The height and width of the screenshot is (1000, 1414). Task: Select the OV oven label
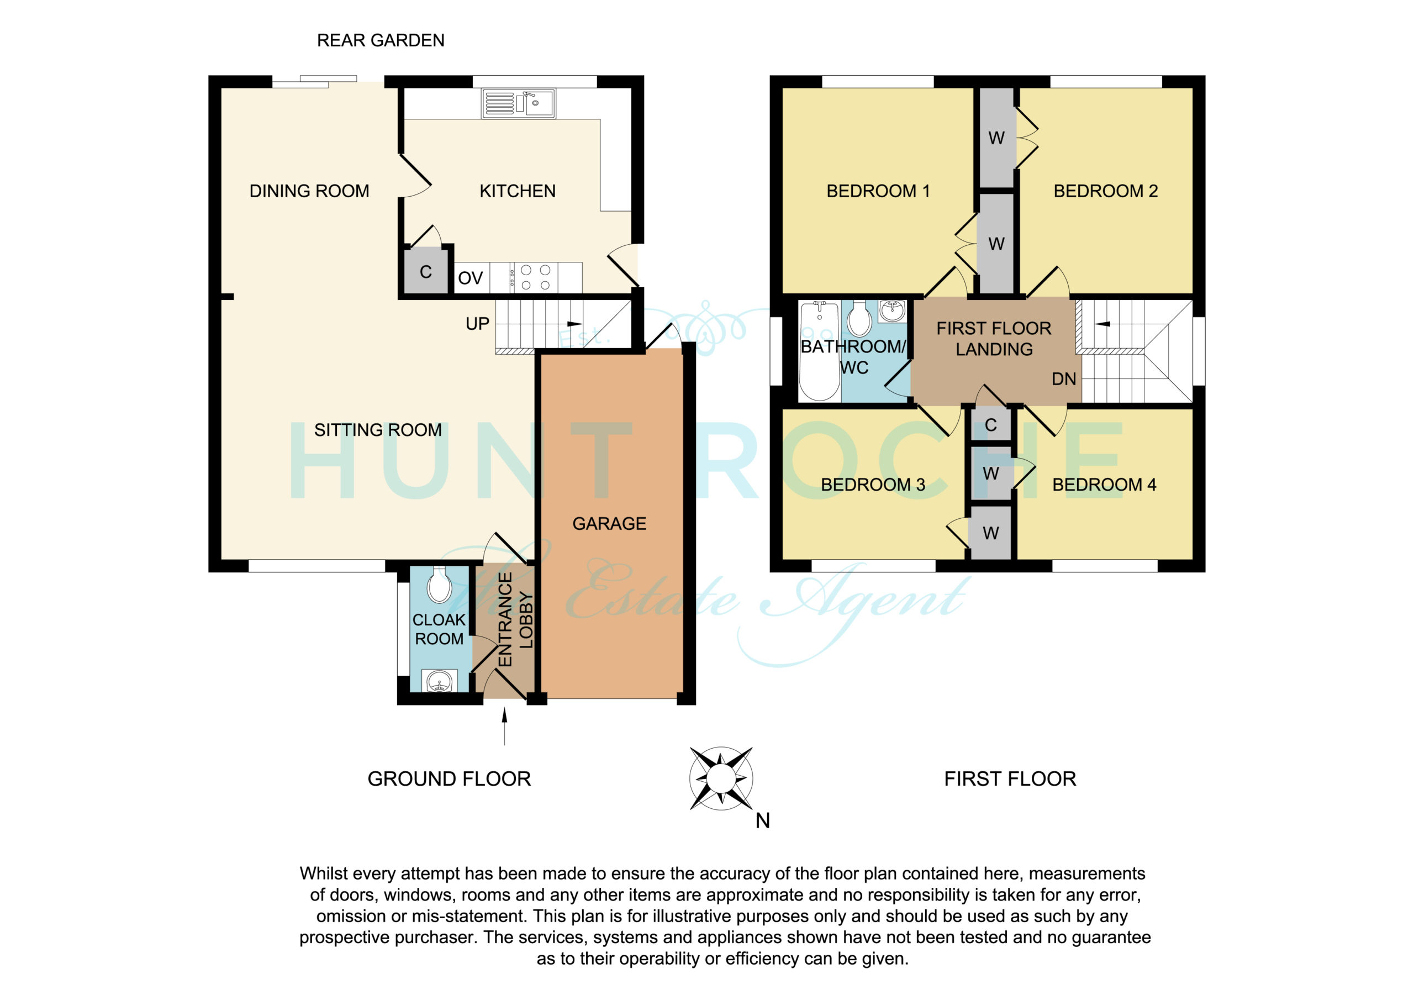click(470, 278)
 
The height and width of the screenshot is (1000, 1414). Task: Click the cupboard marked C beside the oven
click(425, 271)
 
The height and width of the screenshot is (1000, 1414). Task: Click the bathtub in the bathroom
click(819, 351)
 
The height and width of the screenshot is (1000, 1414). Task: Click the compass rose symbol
click(721, 778)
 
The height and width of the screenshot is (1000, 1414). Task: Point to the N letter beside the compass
click(762, 820)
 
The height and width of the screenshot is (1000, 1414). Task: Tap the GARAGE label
click(609, 524)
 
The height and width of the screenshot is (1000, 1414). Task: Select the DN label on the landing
click(1064, 379)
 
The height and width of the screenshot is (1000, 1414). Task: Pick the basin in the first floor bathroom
click(891, 311)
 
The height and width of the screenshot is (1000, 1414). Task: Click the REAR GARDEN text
click(381, 41)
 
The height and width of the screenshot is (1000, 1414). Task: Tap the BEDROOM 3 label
click(873, 485)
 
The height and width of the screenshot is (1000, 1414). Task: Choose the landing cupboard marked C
click(990, 424)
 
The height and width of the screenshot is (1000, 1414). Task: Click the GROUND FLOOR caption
click(449, 779)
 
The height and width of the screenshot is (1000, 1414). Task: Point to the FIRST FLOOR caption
click(1010, 779)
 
